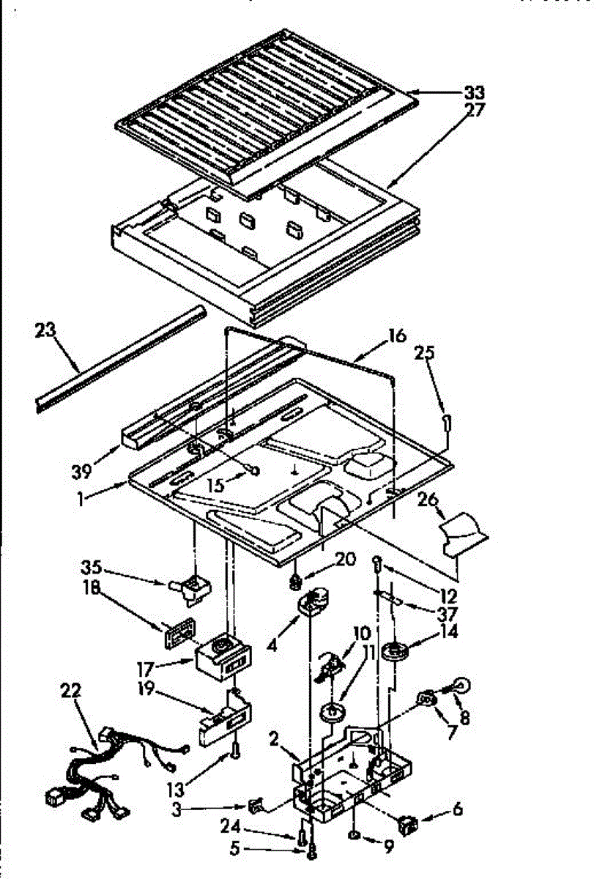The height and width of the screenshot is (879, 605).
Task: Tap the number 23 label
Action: click(45, 331)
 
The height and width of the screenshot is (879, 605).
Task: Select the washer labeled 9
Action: click(353, 836)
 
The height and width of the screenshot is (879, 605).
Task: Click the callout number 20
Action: click(346, 560)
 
